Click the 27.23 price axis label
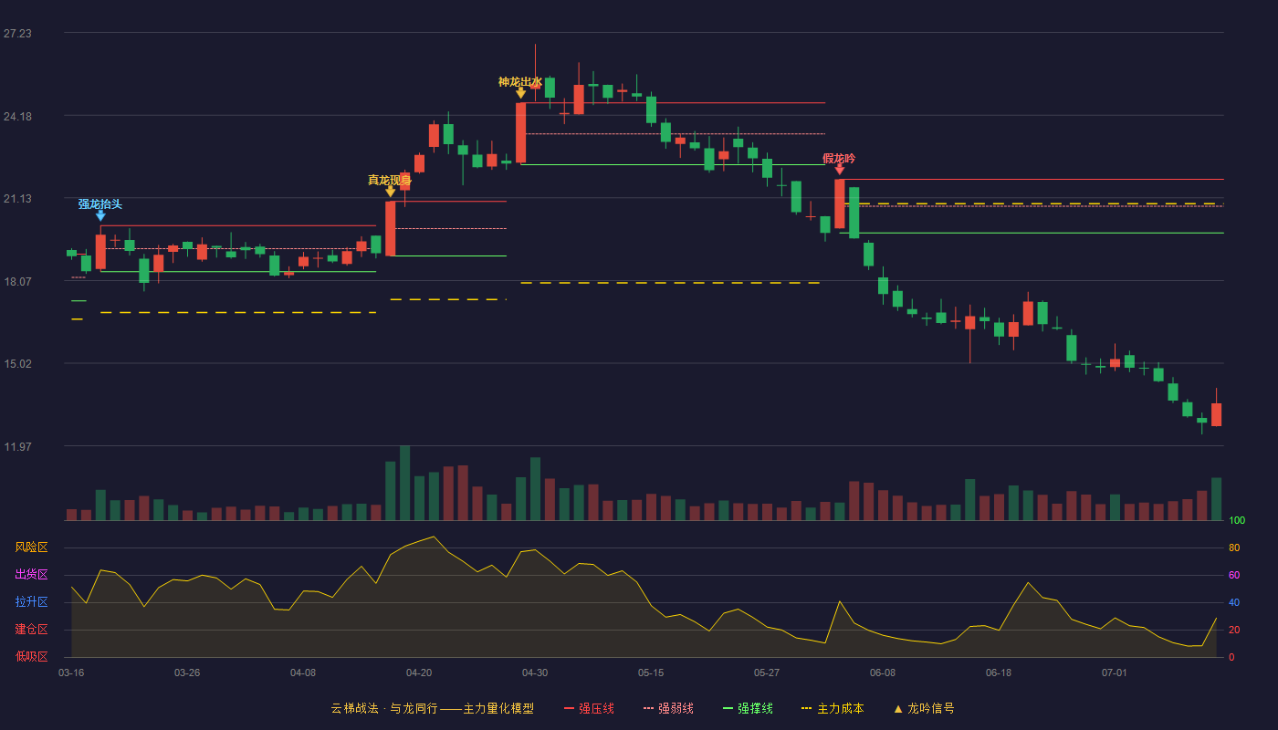coord(17,34)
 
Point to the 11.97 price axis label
coord(17,446)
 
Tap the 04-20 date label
coord(419,673)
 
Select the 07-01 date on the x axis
coord(1115,673)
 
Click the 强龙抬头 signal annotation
coord(100,204)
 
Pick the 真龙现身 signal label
coord(390,181)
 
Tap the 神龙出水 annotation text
coord(519,82)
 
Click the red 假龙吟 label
coord(839,159)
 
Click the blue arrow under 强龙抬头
coord(100,216)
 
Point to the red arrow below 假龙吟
coord(839,170)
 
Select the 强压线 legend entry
coord(589,708)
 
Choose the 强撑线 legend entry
coord(748,708)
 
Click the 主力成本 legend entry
coord(833,708)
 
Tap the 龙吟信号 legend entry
coord(924,708)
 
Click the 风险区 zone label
coord(31,547)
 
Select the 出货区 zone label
coord(31,574)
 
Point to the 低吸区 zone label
coord(31,656)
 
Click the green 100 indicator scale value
coord(1237,520)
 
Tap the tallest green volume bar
coord(405,483)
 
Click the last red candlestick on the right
coord(1216,414)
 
